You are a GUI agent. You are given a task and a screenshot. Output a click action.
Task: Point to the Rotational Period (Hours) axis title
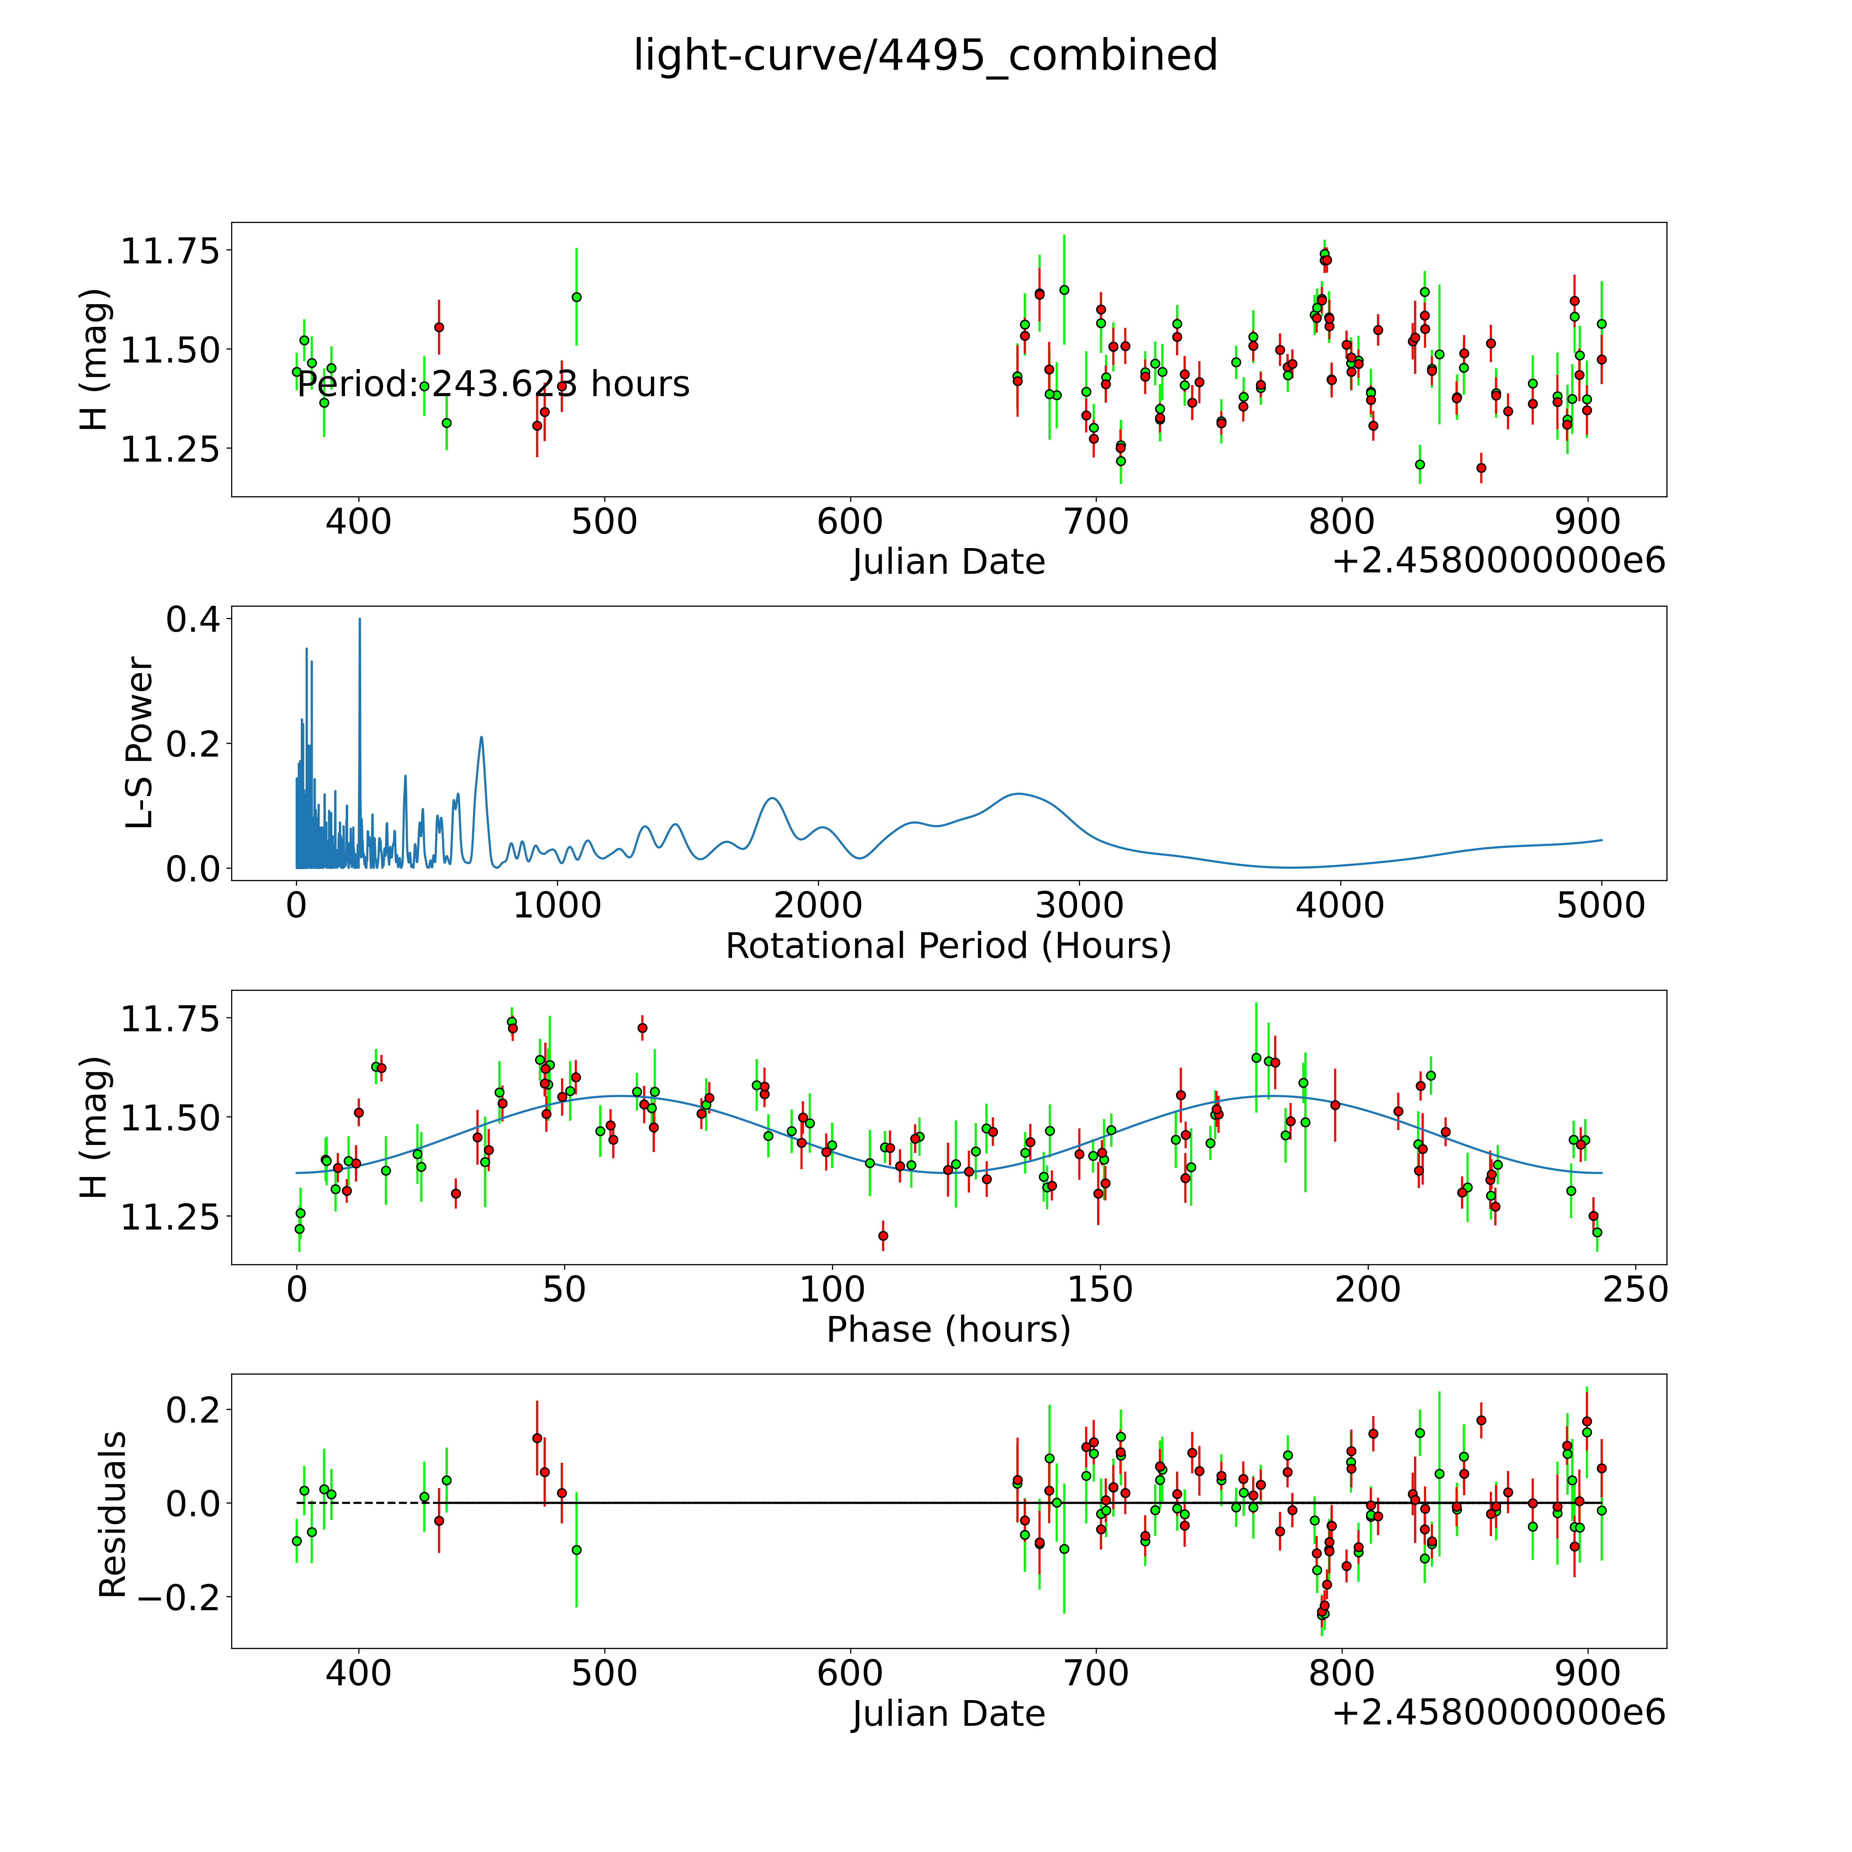948,946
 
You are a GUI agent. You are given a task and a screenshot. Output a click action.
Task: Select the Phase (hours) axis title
948,1330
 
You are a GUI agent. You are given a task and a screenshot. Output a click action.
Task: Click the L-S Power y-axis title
140,743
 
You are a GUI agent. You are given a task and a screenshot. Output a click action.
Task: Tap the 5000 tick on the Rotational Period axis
1601,905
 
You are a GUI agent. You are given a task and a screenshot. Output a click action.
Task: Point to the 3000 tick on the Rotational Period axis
1079,905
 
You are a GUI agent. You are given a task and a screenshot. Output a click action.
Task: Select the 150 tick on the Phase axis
1101,1289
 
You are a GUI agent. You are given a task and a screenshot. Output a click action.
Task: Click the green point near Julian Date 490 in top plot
576,297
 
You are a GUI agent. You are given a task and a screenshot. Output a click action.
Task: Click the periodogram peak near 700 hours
481,737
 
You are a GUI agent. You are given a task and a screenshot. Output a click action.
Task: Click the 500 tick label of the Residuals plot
604,1673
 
